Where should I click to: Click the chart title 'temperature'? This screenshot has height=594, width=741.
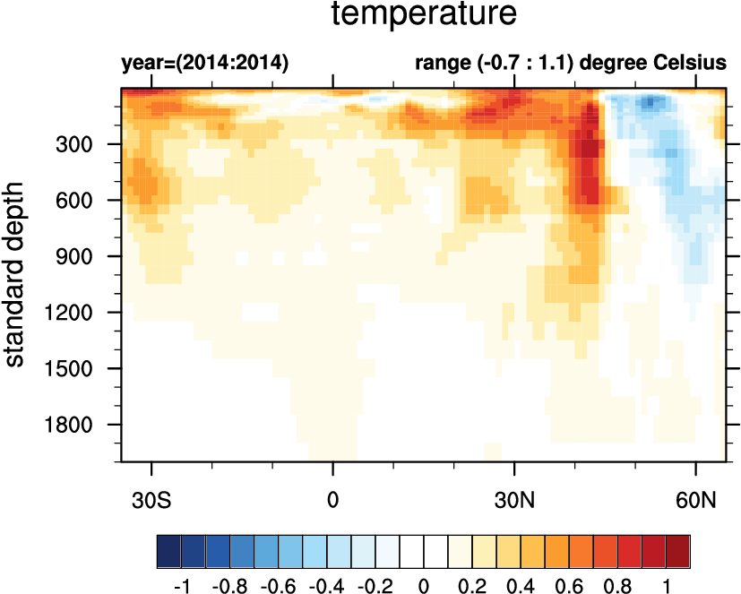tap(424, 15)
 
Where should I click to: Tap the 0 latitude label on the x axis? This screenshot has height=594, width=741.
tap(333, 498)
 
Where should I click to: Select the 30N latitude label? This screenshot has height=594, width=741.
tap(514, 498)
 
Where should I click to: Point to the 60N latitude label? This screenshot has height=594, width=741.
tap(696, 498)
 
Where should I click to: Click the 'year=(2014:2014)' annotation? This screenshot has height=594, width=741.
tap(204, 64)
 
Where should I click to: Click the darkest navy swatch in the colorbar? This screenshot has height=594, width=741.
tap(168, 547)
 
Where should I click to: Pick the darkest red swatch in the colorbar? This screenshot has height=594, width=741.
tap(679, 547)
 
